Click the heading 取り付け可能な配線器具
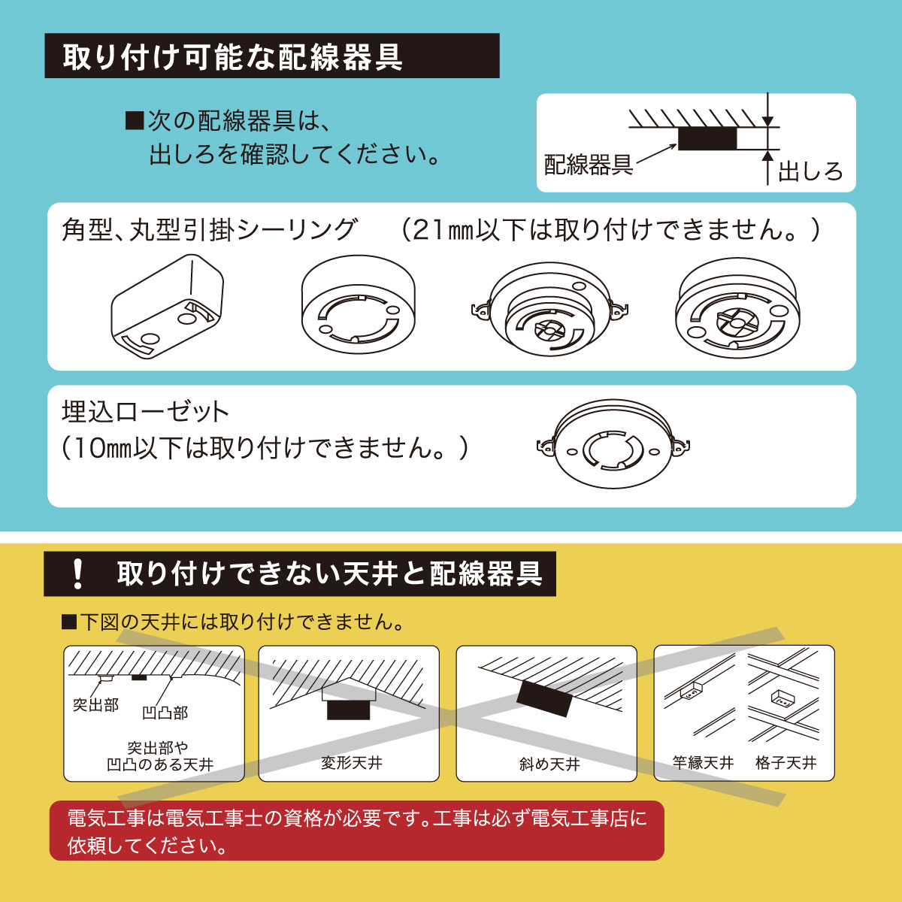pyautogui.click(x=233, y=57)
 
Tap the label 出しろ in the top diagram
pyautogui.click(x=810, y=171)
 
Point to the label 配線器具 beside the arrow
pyautogui.click(x=588, y=165)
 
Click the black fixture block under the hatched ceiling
pyautogui.click(x=707, y=138)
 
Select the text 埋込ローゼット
pyautogui.click(x=145, y=412)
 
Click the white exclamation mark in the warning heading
pyautogui.click(x=77, y=574)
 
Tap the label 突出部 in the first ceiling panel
pyautogui.click(x=95, y=704)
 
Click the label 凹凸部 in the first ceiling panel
pyautogui.click(x=165, y=712)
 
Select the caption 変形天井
pyautogui.click(x=351, y=763)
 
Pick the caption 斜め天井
pyautogui.click(x=549, y=764)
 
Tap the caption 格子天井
pyautogui.click(x=785, y=763)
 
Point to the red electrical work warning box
pyautogui.click(x=356, y=831)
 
